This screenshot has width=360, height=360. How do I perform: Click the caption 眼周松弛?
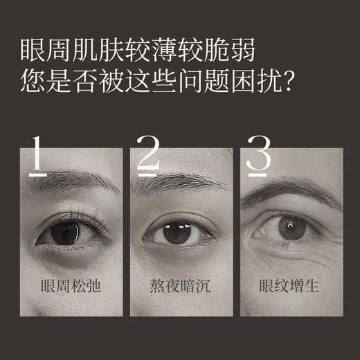click(69, 286)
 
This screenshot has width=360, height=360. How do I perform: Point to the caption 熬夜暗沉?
click(179, 286)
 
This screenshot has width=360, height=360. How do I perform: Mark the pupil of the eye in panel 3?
click(291, 226)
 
